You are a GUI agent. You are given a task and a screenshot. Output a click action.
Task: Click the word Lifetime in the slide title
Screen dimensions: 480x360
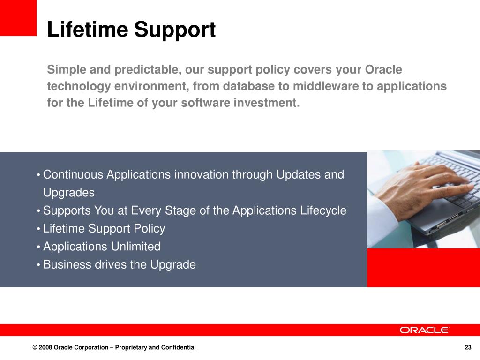tap(88, 29)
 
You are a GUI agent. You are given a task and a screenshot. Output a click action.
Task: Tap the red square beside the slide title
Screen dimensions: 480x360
tap(18, 18)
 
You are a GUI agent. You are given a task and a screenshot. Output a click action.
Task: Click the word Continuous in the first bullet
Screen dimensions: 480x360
tap(73, 174)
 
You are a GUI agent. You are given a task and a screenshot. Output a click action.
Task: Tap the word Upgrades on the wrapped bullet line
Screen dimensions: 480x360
tap(69, 193)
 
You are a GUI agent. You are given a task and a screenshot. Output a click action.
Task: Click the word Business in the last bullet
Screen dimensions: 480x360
tap(67, 264)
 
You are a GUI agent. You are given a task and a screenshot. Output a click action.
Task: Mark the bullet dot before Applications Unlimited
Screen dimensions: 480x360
tap(38, 247)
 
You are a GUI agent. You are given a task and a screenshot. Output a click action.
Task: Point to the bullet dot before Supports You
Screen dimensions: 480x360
tap(38, 211)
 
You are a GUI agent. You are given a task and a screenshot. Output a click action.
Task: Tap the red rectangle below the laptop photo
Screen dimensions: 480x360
tap(423, 268)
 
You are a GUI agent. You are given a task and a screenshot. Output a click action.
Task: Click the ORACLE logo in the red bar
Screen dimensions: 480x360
tap(424, 330)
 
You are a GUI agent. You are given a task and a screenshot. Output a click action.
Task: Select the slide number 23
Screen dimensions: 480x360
tap(468, 347)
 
